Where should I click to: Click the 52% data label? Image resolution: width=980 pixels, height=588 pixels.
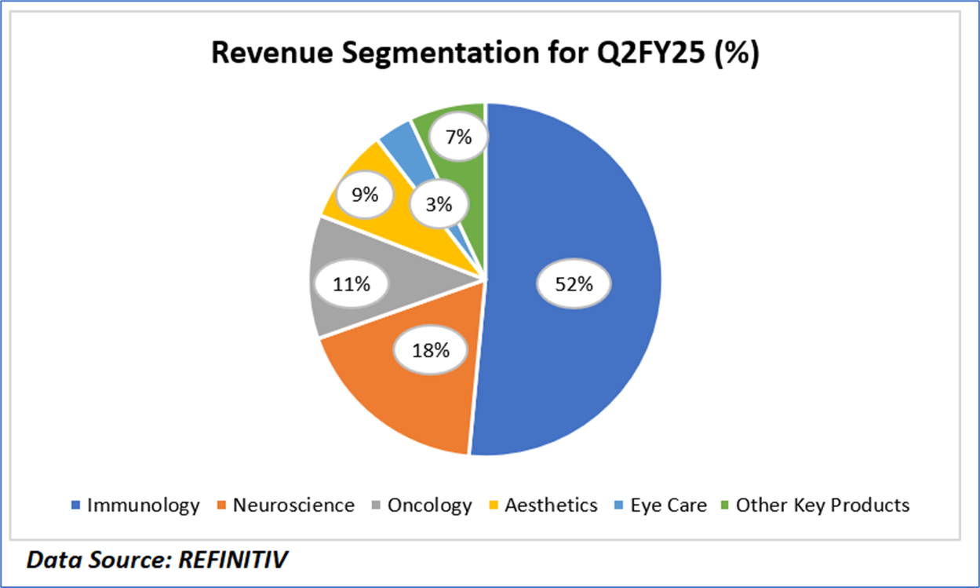[574, 284]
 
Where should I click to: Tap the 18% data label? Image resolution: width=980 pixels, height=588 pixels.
[431, 350]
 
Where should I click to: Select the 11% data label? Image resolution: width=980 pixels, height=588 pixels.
[351, 283]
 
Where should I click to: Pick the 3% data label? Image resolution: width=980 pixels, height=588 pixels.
[439, 204]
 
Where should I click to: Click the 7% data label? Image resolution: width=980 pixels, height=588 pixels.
[457, 137]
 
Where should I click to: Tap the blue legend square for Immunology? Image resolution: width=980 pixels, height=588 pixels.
[75, 506]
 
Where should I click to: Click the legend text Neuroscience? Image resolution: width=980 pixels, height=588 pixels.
[293, 505]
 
